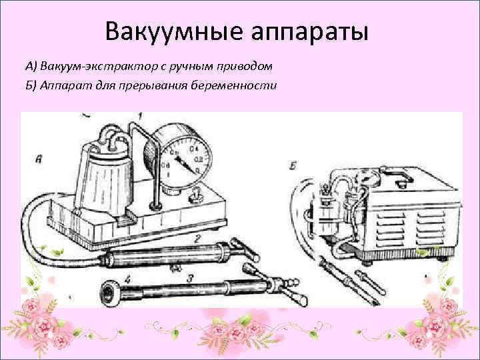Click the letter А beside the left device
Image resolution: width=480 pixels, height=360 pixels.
(x=39, y=159)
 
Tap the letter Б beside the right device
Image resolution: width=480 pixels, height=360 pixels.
(x=295, y=164)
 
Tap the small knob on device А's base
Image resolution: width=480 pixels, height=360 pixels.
(x=198, y=196)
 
